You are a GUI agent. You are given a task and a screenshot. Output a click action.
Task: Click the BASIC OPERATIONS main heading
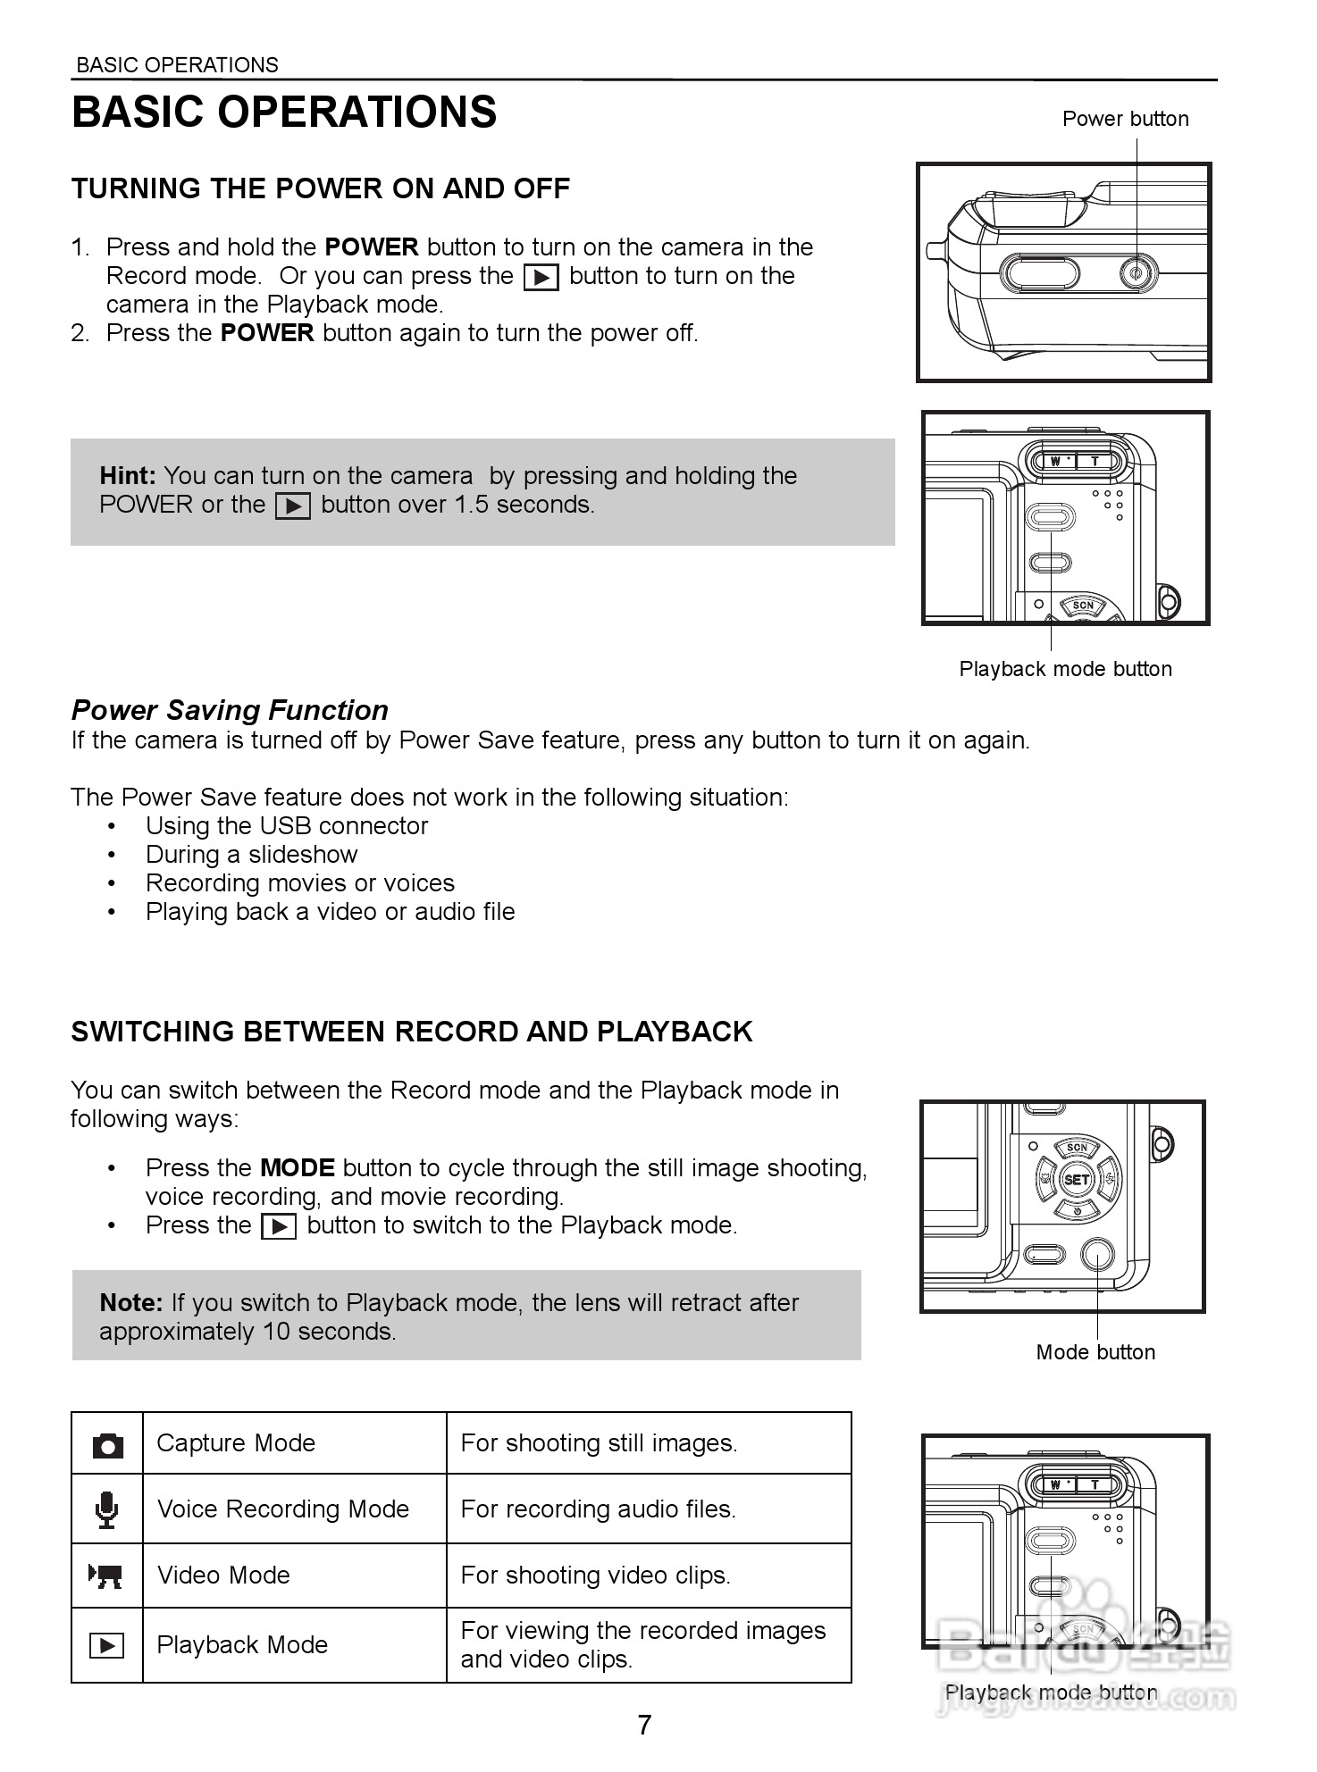click(284, 113)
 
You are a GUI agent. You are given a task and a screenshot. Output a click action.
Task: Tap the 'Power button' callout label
click(1125, 119)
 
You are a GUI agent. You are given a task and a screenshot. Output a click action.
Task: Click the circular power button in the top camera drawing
click(1138, 273)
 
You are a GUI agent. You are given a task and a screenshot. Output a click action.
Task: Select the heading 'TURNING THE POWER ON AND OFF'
click(320, 188)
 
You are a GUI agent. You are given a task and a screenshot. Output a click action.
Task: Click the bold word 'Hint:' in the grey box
click(128, 476)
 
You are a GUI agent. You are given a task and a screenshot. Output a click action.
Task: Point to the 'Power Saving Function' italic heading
click(230, 710)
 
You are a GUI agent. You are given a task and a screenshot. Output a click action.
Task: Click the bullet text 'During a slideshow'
click(251, 855)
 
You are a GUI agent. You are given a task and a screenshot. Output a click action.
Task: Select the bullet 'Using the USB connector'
click(286, 826)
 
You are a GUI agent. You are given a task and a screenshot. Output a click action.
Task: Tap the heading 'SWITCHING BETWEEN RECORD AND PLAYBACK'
click(411, 1032)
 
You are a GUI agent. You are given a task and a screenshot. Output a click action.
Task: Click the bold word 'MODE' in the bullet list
click(297, 1168)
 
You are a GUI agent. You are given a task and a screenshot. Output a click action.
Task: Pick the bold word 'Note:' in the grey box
click(130, 1303)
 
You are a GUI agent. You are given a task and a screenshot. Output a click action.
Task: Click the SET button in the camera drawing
click(1077, 1179)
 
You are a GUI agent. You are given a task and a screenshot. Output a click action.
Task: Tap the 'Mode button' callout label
click(1095, 1352)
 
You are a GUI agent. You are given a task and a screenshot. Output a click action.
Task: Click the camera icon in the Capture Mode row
click(107, 1445)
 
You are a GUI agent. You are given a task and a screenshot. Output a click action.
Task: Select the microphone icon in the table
click(107, 1509)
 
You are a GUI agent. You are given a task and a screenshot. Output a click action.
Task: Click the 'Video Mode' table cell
click(223, 1575)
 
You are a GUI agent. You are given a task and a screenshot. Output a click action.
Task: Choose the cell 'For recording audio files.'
click(598, 1509)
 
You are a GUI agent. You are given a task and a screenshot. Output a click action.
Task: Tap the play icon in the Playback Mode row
click(107, 1645)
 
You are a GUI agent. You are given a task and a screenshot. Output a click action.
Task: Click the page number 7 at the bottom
click(644, 1725)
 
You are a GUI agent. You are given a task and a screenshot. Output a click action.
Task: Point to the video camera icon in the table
click(106, 1576)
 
